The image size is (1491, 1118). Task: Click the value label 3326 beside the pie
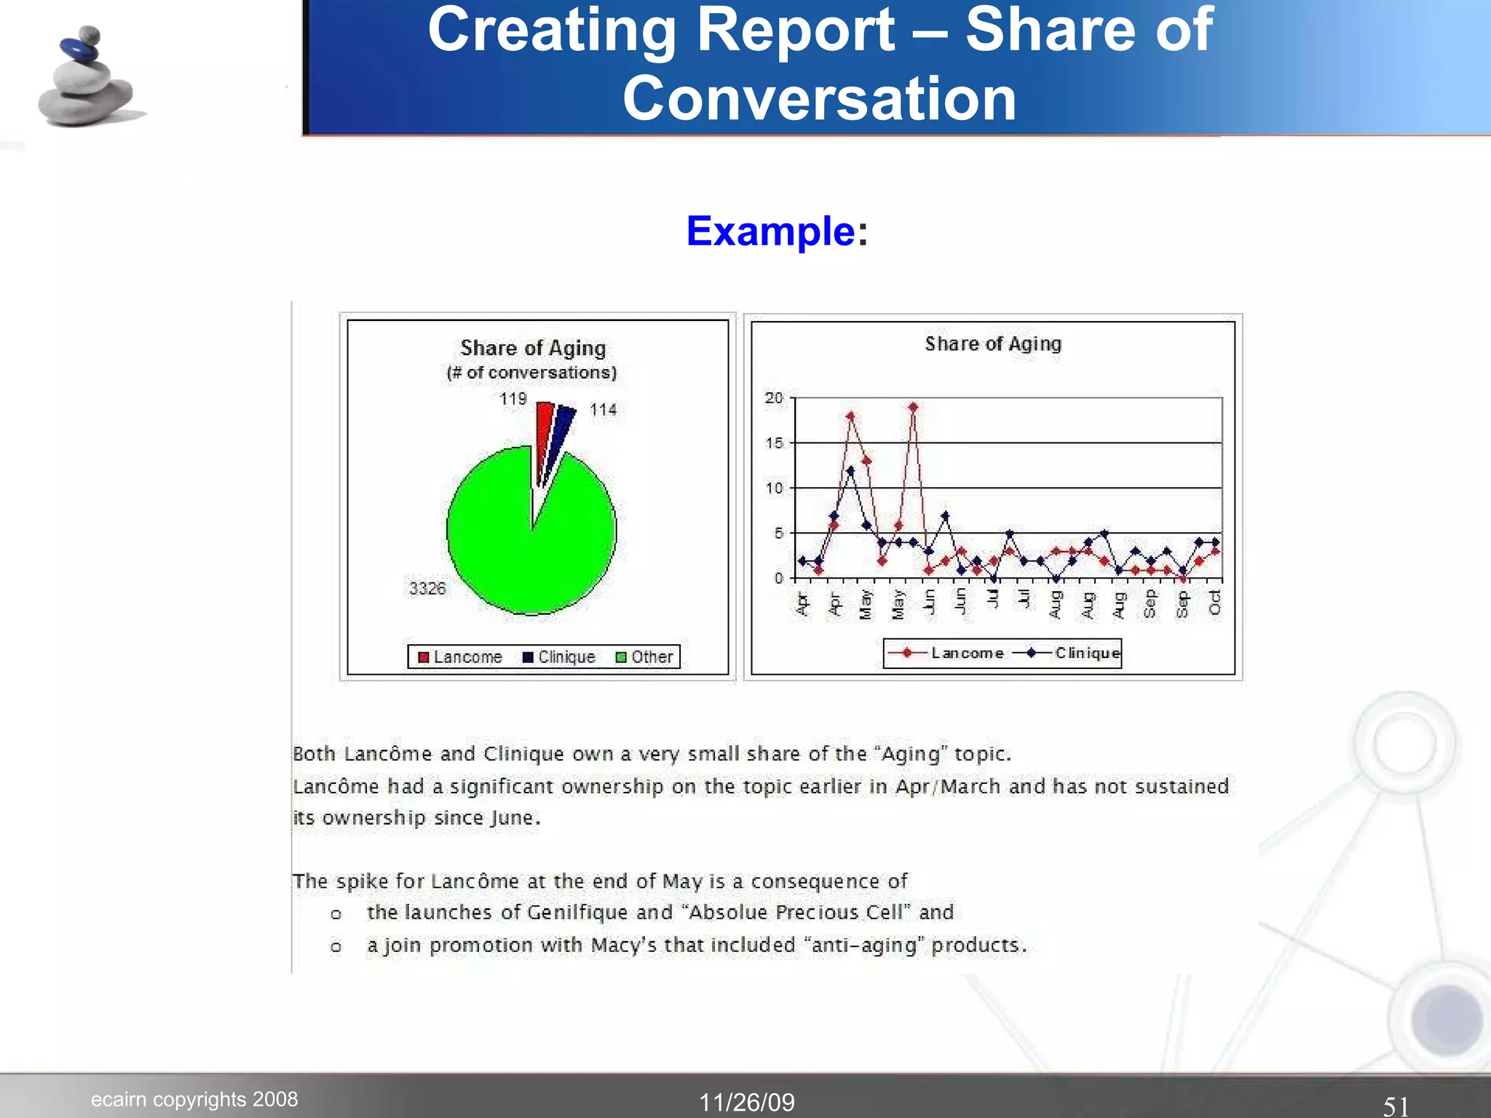(x=427, y=588)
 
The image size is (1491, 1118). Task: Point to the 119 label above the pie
(x=513, y=399)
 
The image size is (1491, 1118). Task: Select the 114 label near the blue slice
(x=604, y=410)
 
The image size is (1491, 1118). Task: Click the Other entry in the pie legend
(x=644, y=657)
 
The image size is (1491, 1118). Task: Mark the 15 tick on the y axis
(x=774, y=443)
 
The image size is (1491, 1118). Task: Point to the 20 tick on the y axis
(x=774, y=398)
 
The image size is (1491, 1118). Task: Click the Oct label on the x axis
(x=1214, y=603)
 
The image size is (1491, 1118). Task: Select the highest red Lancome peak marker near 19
(x=913, y=407)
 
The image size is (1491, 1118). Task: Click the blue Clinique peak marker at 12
(x=850, y=471)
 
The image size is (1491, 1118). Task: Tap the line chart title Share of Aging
(x=993, y=344)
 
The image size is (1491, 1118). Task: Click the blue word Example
(x=770, y=231)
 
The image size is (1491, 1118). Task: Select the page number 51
(x=1396, y=1106)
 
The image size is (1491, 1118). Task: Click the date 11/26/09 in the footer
(x=747, y=1102)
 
